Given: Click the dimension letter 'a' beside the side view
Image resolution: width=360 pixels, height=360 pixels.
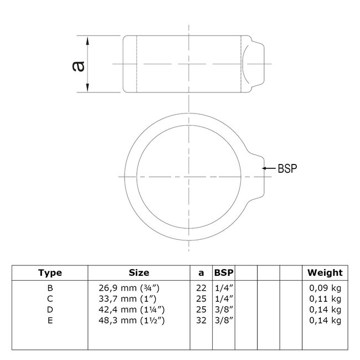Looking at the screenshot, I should coord(79,65).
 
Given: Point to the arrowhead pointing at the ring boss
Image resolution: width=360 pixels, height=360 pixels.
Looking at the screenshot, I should coord(265,168).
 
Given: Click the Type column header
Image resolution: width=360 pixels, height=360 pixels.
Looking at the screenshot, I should coord(50,272).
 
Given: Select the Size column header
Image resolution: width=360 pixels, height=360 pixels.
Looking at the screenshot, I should coord(138,272).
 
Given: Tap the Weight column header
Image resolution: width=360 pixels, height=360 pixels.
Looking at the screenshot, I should coord(325,272).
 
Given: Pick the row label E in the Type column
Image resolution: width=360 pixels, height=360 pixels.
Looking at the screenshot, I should coord(50,320).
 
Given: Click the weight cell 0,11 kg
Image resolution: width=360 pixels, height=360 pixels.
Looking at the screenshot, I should coord(325,298).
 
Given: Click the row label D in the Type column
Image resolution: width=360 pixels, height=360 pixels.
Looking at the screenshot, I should coord(50,309).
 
